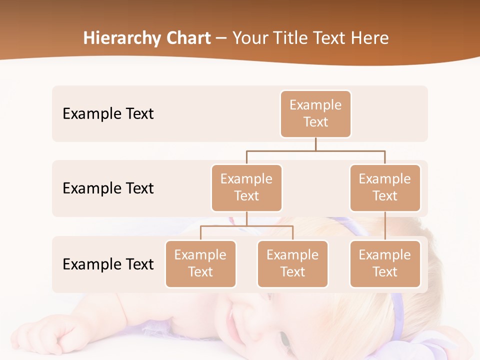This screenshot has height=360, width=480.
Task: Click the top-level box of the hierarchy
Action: click(x=315, y=114)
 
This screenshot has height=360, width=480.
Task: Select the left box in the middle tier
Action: click(x=246, y=188)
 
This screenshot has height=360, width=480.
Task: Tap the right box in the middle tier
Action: click(x=385, y=188)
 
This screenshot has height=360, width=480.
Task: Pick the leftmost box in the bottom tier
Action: click(x=200, y=264)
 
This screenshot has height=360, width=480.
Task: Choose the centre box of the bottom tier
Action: click(x=292, y=264)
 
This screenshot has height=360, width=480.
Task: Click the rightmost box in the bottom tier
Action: click(x=385, y=264)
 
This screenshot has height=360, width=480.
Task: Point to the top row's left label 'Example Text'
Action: click(x=108, y=114)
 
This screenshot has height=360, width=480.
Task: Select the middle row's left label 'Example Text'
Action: click(x=108, y=188)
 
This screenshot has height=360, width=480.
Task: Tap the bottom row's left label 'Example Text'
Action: click(x=108, y=264)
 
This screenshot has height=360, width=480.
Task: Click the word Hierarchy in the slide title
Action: click(x=121, y=38)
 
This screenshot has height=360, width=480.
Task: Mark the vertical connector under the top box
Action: click(x=315, y=144)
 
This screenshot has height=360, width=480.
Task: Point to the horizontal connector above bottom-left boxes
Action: click(x=246, y=226)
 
